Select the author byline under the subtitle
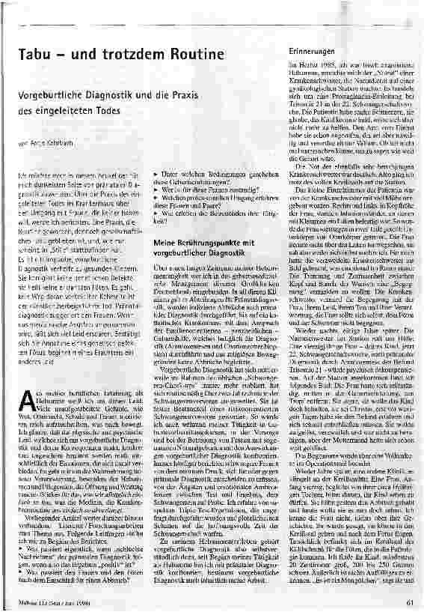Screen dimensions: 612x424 tap(36, 142)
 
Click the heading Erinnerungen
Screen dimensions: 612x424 tap(310, 49)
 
